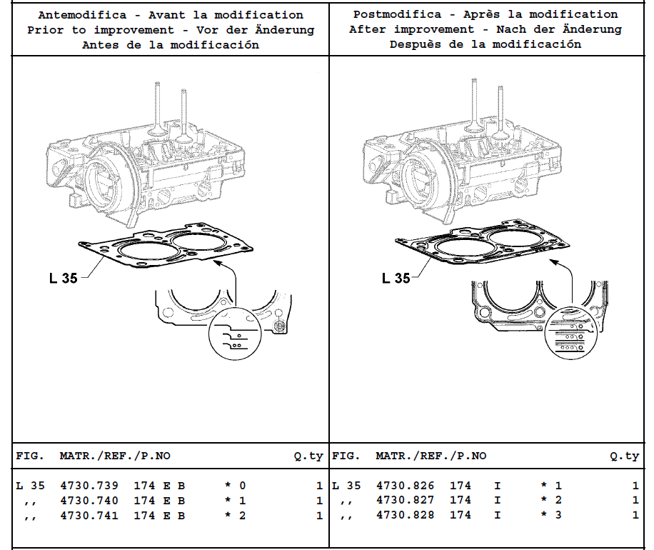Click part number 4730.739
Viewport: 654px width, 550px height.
tap(89, 486)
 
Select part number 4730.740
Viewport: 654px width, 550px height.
tap(89, 500)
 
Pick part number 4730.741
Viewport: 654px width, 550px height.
tap(89, 516)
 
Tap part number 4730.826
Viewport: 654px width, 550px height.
tap(406, 486)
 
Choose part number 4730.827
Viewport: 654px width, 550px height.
tap(406, 500)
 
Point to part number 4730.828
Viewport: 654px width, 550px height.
tap(406, 515)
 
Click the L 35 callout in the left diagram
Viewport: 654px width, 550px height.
tap(64, 279)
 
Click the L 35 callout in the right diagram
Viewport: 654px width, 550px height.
tap(396, 278)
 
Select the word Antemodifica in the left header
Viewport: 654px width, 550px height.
tap(83, 15)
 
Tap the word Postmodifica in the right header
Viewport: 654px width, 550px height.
tap(398, 14)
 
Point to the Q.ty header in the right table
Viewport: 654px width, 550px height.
tap(625, 456)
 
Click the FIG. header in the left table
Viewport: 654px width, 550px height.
tap(30, 456)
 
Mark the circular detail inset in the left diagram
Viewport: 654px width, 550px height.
tap(235, 334)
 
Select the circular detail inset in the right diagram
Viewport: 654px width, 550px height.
tap(571, 334)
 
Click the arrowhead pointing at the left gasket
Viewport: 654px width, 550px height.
tap(216, 262)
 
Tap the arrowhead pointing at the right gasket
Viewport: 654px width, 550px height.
tap(553, 261)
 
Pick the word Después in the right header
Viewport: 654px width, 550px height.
tap(415, 44)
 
